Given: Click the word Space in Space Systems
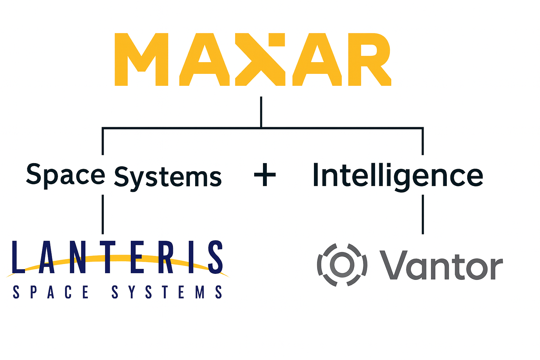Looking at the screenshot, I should [x=65, y=175].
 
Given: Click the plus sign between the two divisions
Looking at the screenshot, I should [x=265, y=175].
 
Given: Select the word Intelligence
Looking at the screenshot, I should [x=398, y=176].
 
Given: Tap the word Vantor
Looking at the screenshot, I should [x=441, y=265].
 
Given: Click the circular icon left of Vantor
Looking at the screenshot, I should [x=342, y=265].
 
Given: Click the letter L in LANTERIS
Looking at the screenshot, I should [x=18, y=257].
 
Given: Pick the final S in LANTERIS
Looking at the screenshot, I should [x=215, y=257].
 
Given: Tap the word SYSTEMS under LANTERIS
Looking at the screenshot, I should [x=167, y=292].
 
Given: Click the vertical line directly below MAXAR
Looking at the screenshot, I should [x=261, y=112].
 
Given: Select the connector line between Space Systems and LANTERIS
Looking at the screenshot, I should [x=103, y=214].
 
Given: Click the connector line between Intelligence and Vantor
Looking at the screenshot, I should [x=423, y=214].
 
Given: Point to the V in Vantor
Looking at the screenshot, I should [x=392, y=265].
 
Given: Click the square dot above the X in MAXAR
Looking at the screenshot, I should [x=276, y=40].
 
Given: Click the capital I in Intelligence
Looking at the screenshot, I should [x=315, y=175].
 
